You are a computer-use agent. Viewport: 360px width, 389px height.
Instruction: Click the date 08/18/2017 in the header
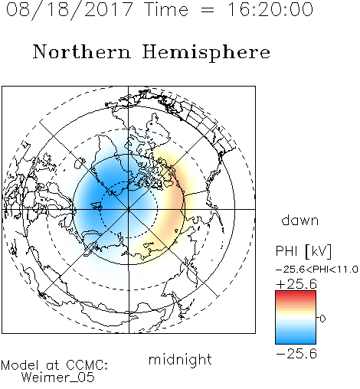pyautogui.click(x=70, y=10)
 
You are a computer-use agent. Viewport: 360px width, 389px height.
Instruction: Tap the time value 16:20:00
pyautogui.click(x=270, y=9)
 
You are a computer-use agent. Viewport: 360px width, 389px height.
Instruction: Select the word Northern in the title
pyautogui.click(x=82, y=51)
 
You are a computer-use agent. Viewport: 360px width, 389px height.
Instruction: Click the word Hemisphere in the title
pyautogui.click(x=206, y=53)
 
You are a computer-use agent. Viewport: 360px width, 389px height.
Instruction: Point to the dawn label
pyautogui.click(x=300, y=221)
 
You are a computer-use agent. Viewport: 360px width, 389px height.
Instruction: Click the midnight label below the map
pyautogui.click(x=180, y=359)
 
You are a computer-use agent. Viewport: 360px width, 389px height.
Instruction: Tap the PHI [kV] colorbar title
pyautogui.click(x=303, y=251)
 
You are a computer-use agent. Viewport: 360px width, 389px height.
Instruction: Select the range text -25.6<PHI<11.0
pyautogui.click(x=317, y=270)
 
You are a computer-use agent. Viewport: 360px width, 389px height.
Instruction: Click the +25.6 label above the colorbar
pyautogui.click(x=296, y=284)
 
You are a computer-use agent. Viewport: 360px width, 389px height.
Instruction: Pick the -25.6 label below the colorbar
pyautogui.click(x=296, y=354)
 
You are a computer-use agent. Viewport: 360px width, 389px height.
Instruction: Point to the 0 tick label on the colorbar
pyautogui.click(x=322, y=319)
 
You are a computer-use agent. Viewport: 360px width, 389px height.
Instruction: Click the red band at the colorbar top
pyautogui.click(x=296, y=294)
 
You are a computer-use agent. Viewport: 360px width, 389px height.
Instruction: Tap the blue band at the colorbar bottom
pyautogui.click(x=296, y=340)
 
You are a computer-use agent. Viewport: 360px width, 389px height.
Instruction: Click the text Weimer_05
pyautogui.click(x=58, y=378)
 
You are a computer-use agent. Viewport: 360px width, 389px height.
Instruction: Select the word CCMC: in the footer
pyautogui.click(x=87, y=365)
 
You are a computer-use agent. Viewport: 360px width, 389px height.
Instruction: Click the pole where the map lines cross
pyautogui.click(x=129, y=209)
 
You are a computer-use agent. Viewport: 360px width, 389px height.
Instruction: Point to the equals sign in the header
pyautogui.click(x=207, y=10)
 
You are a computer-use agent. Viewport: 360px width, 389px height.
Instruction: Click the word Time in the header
pyautogui.click(x=166, y=9)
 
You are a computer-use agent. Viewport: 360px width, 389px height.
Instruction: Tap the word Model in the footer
pyautogui.click(x=20, y=365)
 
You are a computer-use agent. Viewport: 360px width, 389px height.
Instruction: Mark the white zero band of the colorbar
pyautogui.click(x=296, y=319)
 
